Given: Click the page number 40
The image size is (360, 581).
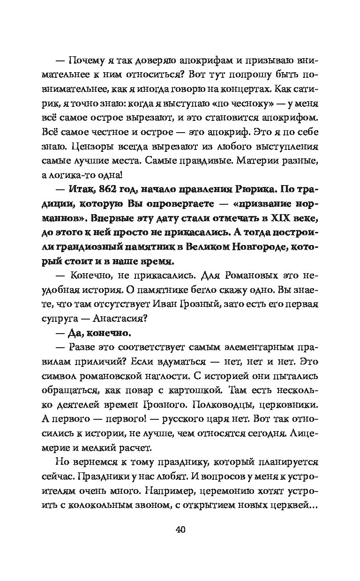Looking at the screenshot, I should (180, 530).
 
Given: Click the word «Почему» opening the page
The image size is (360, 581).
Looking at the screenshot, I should (84, 60).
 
